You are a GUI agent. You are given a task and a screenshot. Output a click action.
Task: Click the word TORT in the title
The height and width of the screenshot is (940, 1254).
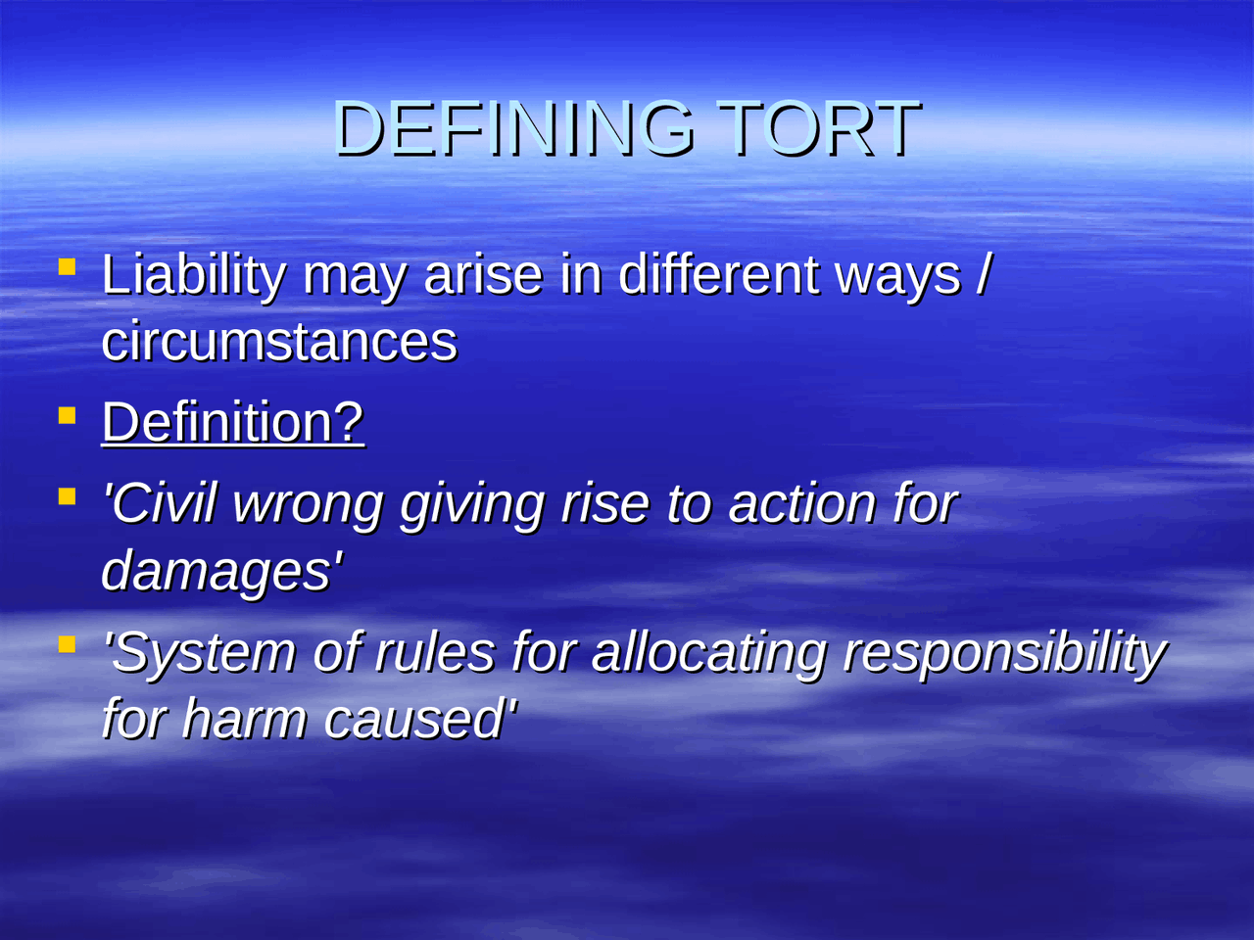pos(818,128)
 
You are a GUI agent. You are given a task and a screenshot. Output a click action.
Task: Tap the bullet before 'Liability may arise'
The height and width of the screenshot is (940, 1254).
pos(67,266)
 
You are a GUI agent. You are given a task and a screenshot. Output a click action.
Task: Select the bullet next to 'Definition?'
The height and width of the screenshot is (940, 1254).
pos(67,415)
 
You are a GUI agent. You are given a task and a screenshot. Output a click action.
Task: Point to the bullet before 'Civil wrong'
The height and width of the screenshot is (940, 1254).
pos(67,496)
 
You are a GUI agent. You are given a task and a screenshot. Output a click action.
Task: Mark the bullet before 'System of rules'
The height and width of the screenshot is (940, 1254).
pos(67,644)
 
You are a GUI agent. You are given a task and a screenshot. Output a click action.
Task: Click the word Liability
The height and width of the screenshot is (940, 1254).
pos(193,275)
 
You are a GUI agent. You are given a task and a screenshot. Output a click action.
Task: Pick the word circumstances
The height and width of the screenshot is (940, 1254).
pos(279,342)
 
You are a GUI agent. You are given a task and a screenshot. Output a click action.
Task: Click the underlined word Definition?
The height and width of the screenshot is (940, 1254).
pos(232,422)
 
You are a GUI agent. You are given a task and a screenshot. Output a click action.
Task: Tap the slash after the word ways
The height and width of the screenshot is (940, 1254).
pos(983,275)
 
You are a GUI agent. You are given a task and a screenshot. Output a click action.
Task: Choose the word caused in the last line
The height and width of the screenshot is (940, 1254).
pos(415,719)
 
